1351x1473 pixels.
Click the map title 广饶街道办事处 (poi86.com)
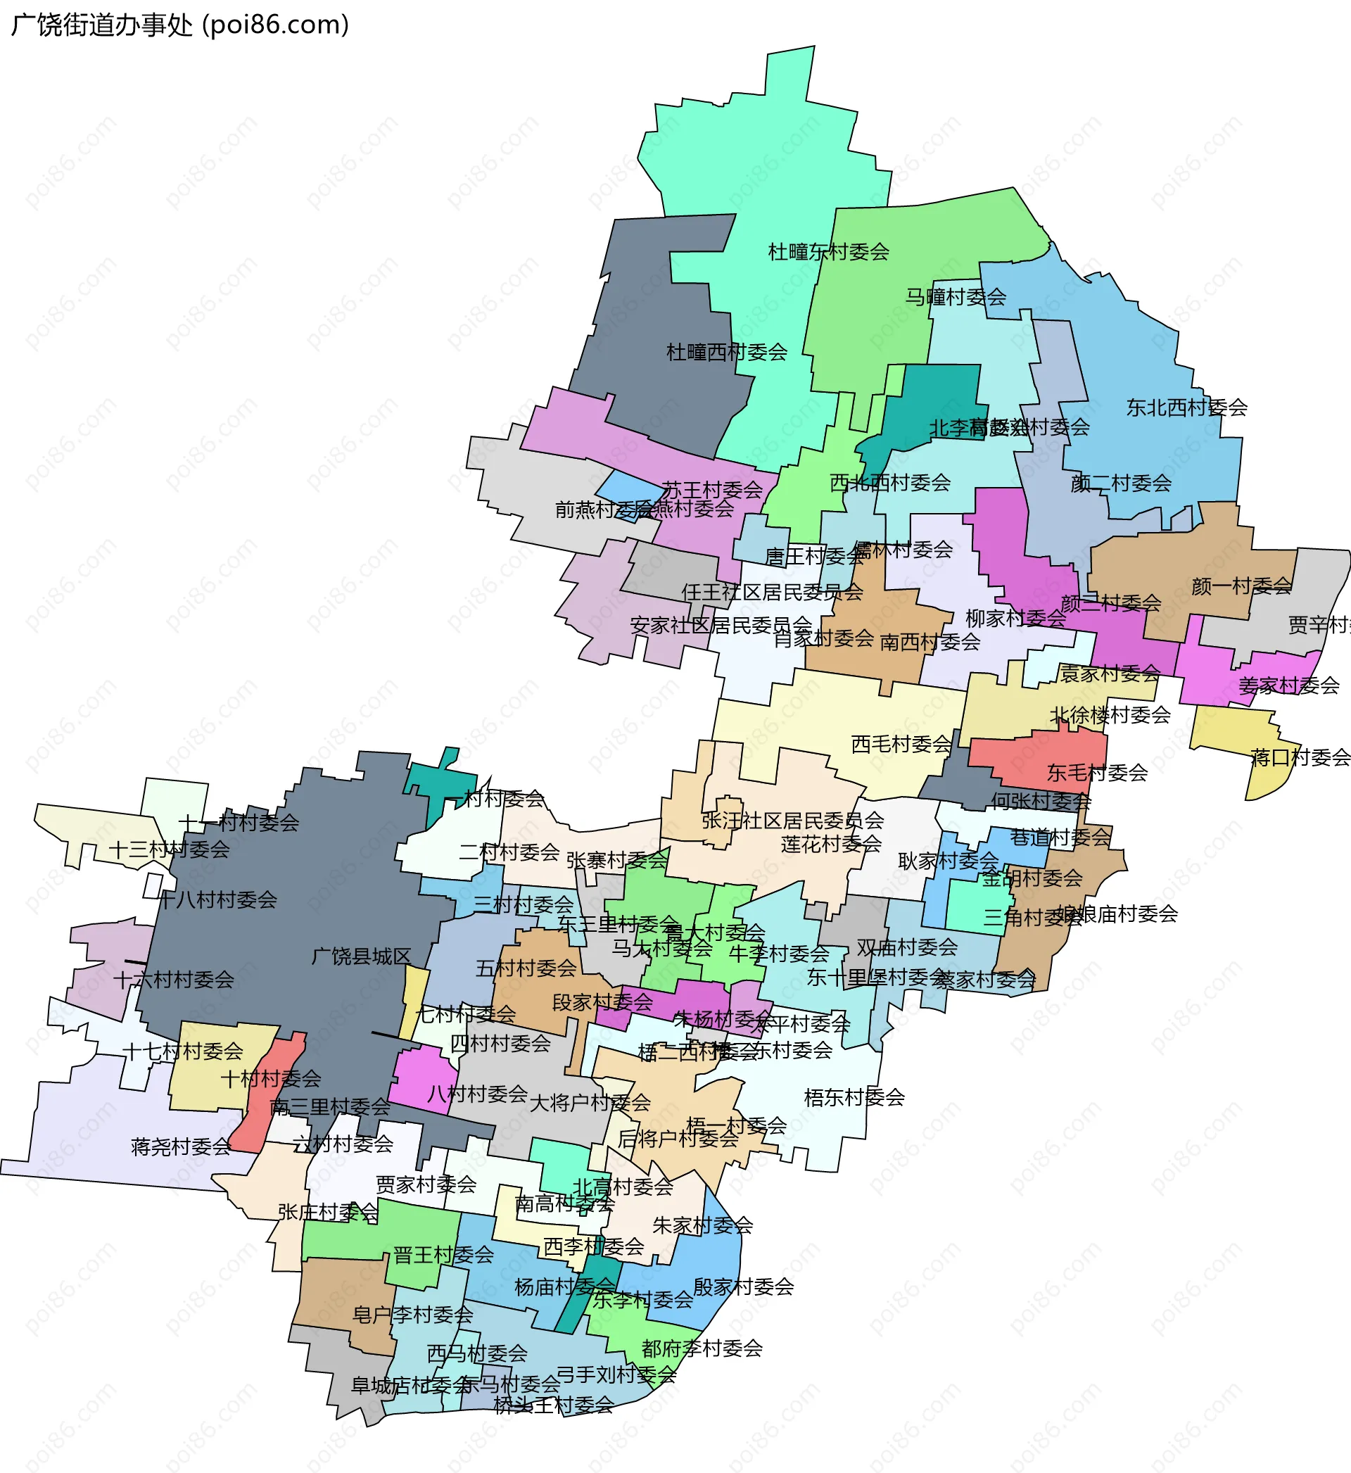tap(180, 25)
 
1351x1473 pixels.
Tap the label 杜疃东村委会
tap(828, 252)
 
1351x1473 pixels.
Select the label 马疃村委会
tap(956, 297)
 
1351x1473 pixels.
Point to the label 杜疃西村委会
tap(726, 353)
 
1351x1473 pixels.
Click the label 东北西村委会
tap(1186, 408)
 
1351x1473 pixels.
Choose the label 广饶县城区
tap(361, 956)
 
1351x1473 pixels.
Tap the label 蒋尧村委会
tap(181, 1146)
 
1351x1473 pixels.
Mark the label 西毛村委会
tap(901, 744)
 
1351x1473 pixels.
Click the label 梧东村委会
tap(854, 1097)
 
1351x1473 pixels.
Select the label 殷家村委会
tap(743, 1286)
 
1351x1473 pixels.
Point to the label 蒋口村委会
tap(1300, 757)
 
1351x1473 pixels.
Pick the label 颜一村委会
tap(1241, 586)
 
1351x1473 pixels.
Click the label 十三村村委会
tap(169, 849)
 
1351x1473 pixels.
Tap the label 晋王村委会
tap(443, 1255)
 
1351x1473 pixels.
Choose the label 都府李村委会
tap(702, 1348)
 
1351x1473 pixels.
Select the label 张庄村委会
tap(327, 1212)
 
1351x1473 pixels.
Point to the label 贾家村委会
tap(426, 1184)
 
